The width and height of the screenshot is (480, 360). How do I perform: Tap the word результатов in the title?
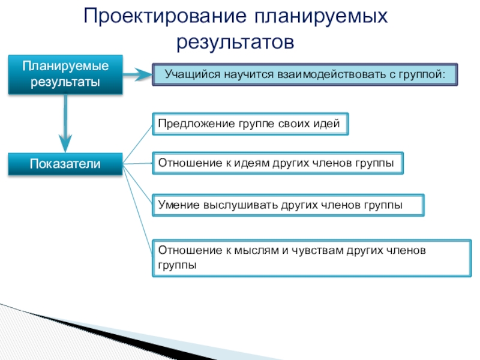(x=236, y=41)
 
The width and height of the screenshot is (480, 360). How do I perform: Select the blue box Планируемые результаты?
(x=65, y=74)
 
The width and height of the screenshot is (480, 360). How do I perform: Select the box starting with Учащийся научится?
(x=304, y=75)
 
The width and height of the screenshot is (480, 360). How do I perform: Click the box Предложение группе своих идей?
(x=249, y=124)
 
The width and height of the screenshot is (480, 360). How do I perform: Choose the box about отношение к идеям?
(x=277, y=163)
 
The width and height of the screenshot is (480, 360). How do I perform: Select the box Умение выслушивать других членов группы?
(x=288, y=205)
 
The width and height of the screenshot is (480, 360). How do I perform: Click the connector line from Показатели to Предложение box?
(x=136, y=145)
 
